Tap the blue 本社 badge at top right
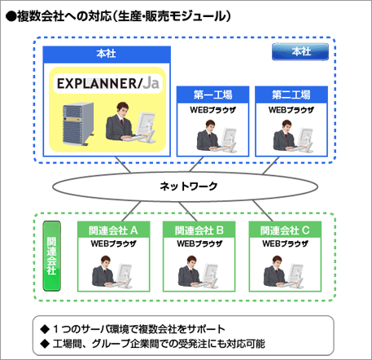300,53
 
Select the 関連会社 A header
112,230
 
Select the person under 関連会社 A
112,271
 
